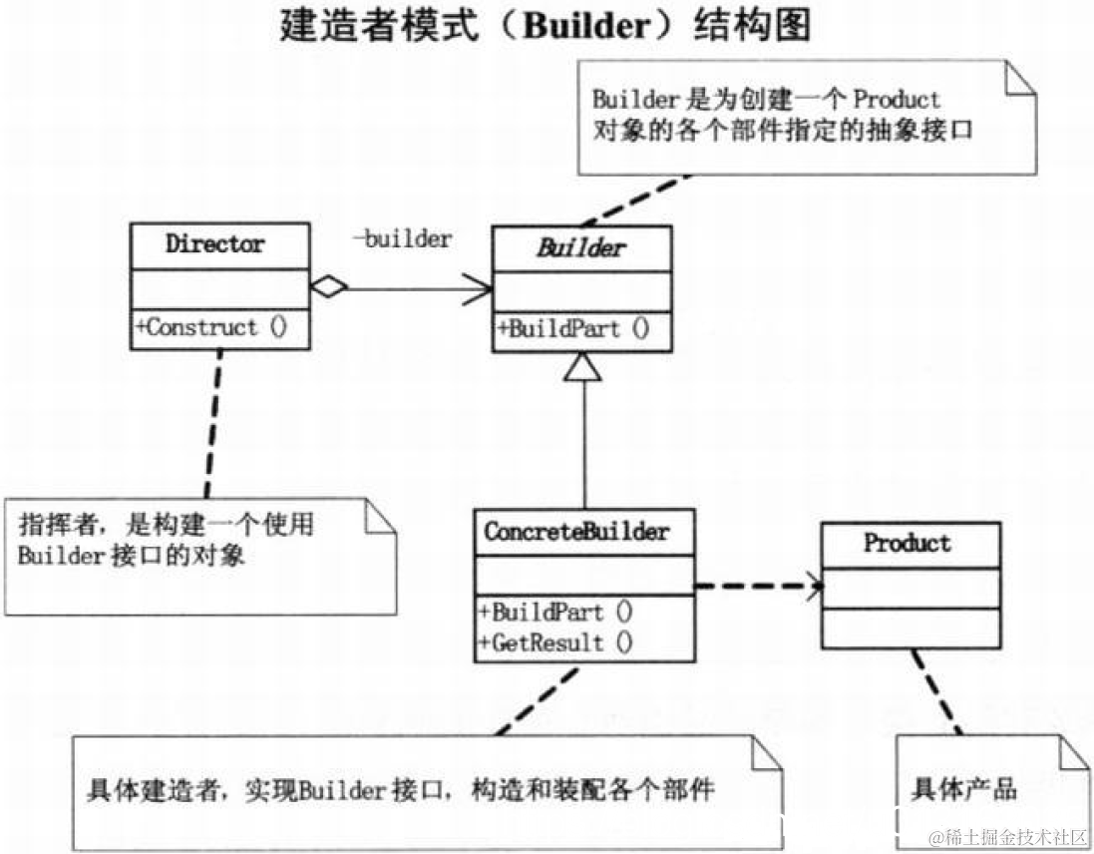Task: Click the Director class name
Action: tap(215, 244)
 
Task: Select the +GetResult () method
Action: tap(555, 642)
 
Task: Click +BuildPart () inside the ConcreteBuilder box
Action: tap(555, 611)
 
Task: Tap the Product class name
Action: tap(908, 544)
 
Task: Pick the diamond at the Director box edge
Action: tap(328, 288)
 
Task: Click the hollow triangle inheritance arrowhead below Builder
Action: tap(583, 371)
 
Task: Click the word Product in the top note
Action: tap(897, 100)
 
